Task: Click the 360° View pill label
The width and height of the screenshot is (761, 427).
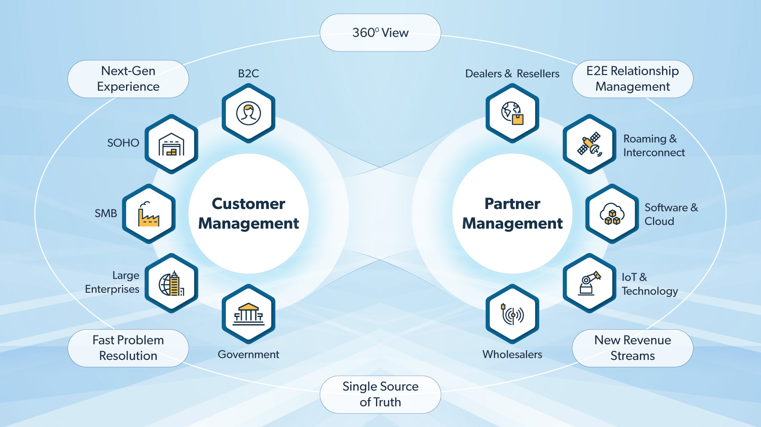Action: [380, 33]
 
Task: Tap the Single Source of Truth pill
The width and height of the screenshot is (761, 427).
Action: [380, 394]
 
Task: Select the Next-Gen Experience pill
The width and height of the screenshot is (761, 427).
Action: [128, 79]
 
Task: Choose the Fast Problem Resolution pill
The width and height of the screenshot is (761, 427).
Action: [128, 348]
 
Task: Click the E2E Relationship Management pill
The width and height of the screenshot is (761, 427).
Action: [632, 79]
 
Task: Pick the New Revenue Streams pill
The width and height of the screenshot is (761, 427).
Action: [632, 348]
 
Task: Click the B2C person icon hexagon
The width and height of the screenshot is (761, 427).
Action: [248, 113]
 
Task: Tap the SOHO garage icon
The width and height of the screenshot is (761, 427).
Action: [171, 144]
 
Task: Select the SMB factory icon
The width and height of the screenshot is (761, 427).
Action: [149, 214]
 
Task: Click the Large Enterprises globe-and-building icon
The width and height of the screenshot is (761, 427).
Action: [171, 283]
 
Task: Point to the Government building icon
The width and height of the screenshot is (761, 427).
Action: [248, 314]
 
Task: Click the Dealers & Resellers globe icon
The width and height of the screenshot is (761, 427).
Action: [512, 113]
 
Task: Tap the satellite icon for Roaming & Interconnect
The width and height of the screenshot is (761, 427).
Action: [590, 144]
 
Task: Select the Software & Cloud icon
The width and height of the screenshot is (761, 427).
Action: [612, 214]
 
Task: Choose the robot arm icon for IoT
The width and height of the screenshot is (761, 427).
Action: [590, 283]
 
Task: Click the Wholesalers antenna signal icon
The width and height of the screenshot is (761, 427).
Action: [512, 314]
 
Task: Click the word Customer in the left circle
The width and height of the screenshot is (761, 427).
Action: [248, 204]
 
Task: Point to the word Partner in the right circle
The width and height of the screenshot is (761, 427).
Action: [512, 204]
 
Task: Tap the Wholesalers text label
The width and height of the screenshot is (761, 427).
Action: [512, 354]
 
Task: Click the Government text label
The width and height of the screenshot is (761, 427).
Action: [248, 354]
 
